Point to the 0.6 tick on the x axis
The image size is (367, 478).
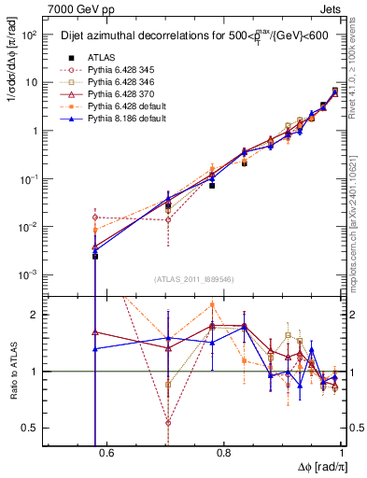(106, 453)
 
